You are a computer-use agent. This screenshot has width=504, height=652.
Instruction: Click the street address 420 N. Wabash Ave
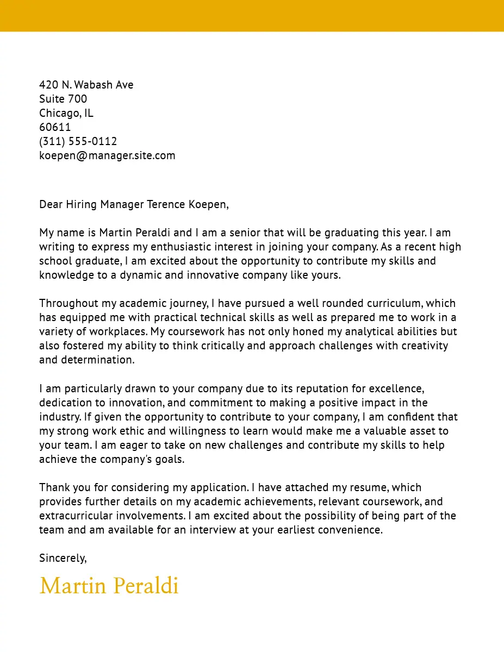click(x=86, y=85)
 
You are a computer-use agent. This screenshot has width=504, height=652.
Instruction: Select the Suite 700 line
click(x=63, y=99)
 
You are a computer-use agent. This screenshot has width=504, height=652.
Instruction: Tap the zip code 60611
click(x=55, y=127)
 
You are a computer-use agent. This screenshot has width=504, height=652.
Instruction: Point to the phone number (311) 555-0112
click(x=78, y=141)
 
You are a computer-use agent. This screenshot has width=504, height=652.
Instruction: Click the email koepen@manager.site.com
click(x=107, y=155)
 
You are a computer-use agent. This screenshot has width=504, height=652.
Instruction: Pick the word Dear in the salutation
click(x=51, y=204)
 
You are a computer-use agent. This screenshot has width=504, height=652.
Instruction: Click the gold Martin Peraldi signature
click(x=109, y=586)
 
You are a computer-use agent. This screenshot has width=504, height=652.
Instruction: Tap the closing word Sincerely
click(x=63, y=558)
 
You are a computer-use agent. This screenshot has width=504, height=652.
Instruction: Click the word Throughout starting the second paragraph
click(x=68, y=303)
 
